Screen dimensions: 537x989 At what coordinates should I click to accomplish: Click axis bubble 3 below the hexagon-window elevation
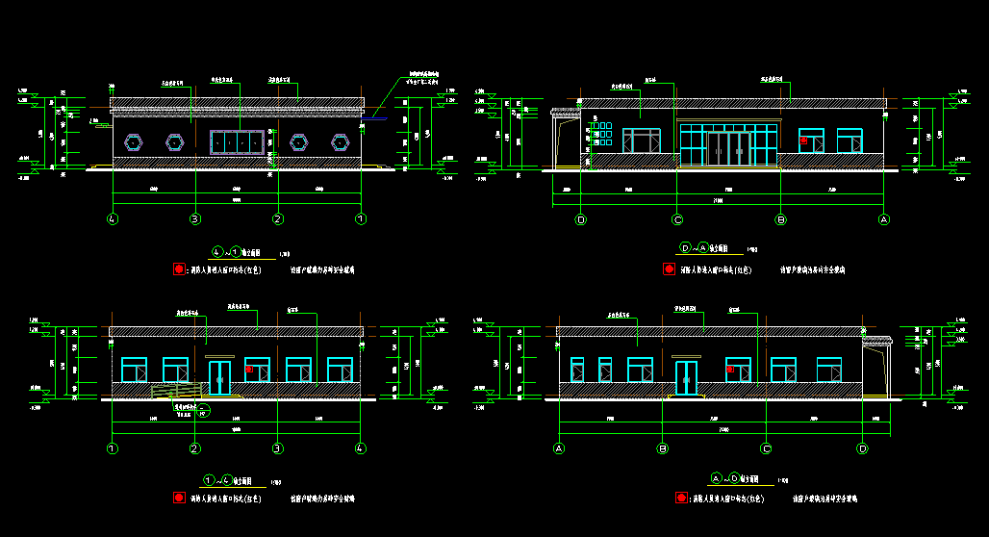(195, 219)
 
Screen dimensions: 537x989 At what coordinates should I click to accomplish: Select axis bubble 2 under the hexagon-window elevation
(278, 219)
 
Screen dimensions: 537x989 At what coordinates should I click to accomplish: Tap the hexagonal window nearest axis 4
(134, 142)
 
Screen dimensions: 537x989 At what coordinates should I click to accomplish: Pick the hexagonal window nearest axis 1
(341, 142)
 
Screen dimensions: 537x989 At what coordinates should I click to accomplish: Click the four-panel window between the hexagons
(238, 141)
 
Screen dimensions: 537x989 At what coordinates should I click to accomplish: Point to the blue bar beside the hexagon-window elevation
(374, 118)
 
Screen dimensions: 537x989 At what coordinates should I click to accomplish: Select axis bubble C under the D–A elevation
(677, 219)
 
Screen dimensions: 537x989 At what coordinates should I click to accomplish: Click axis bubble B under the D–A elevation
(781, 219)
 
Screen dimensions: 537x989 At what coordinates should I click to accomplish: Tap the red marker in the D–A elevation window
(804, 140)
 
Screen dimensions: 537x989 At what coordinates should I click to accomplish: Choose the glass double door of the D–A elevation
(729, 148)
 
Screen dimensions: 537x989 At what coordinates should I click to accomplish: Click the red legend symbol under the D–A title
(669, 269)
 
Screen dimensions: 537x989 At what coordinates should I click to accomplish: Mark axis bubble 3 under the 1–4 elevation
(278, 448)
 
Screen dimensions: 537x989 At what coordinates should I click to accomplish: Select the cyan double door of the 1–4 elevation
(220, 377)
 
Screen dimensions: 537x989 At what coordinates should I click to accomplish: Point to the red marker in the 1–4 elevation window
(249, 369)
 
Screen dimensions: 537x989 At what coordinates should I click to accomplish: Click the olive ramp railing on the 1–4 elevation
(178, 389)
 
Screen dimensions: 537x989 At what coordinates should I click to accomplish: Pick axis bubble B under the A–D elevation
(663, 448)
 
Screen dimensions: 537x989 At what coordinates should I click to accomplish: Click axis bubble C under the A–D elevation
(767, 448)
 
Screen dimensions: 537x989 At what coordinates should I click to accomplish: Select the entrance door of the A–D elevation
(686, 377)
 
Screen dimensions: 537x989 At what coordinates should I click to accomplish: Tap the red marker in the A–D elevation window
(730, 369)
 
